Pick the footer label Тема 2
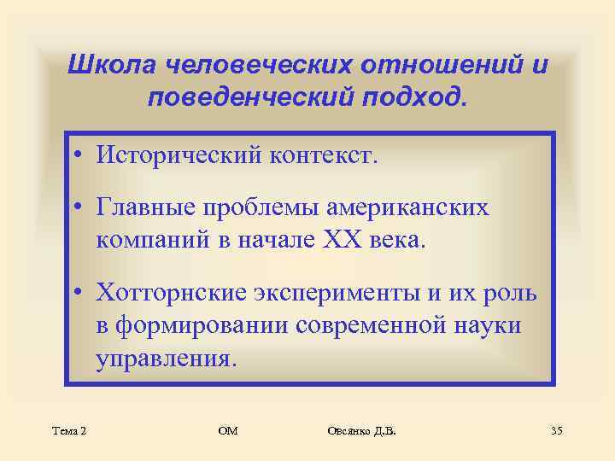tap(68, 430)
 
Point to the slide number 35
tap(556, 430)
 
